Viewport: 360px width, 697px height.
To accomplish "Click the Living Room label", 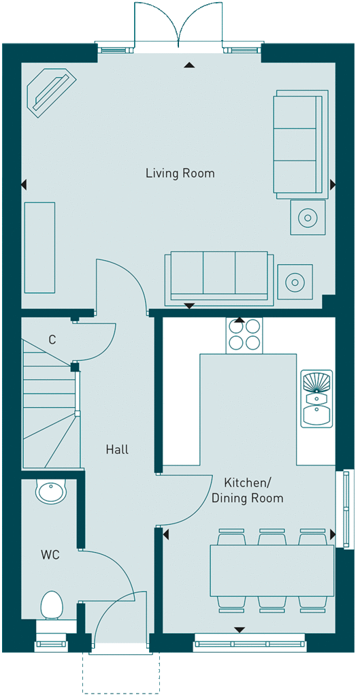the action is [x=180, y=173].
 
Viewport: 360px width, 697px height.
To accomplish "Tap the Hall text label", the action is [x=117, y=449].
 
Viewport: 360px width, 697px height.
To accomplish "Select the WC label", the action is [x=50, y=555].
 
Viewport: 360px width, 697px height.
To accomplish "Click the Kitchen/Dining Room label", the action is [x=248, y=490].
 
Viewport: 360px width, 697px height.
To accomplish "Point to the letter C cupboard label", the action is [x=52, y=340].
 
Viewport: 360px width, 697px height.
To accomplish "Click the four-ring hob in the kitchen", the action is [x=244, y=336].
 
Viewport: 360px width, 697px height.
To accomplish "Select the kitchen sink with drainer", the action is [x=316, y=399].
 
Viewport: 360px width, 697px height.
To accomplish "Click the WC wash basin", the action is [x=51, y=491].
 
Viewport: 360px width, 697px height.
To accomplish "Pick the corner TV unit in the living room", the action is [x=51, y=93].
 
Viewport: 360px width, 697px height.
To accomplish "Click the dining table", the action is [x=272, y=570].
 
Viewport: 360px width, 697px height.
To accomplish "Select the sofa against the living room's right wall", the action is [x=301, y=144].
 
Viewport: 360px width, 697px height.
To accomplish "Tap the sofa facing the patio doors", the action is [x=219, y=278].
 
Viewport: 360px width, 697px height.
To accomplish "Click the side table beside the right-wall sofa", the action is [x=308, y=217].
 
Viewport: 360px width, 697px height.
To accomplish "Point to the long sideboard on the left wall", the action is [x=40, y=248].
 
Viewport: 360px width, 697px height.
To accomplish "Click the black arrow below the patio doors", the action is [x=190, y=65].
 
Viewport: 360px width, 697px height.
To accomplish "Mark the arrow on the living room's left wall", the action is [x=24, y=184].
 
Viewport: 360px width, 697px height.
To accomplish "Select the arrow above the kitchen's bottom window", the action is [x=240, y=630].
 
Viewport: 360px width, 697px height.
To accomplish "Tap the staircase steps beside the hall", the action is [x=50, y=402].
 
